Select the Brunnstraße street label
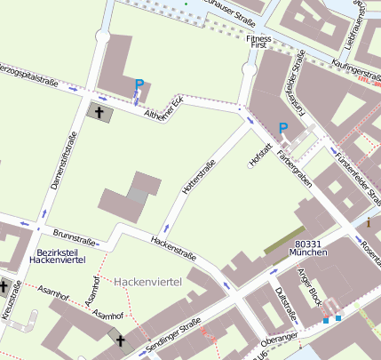coord(74,236)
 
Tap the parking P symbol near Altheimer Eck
coord(139,85)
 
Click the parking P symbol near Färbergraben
coord(283,128)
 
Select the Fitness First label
coord(259,44)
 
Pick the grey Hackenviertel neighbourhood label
coord(147,281)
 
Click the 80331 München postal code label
coord(310,248)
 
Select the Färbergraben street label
coord(294,166)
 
